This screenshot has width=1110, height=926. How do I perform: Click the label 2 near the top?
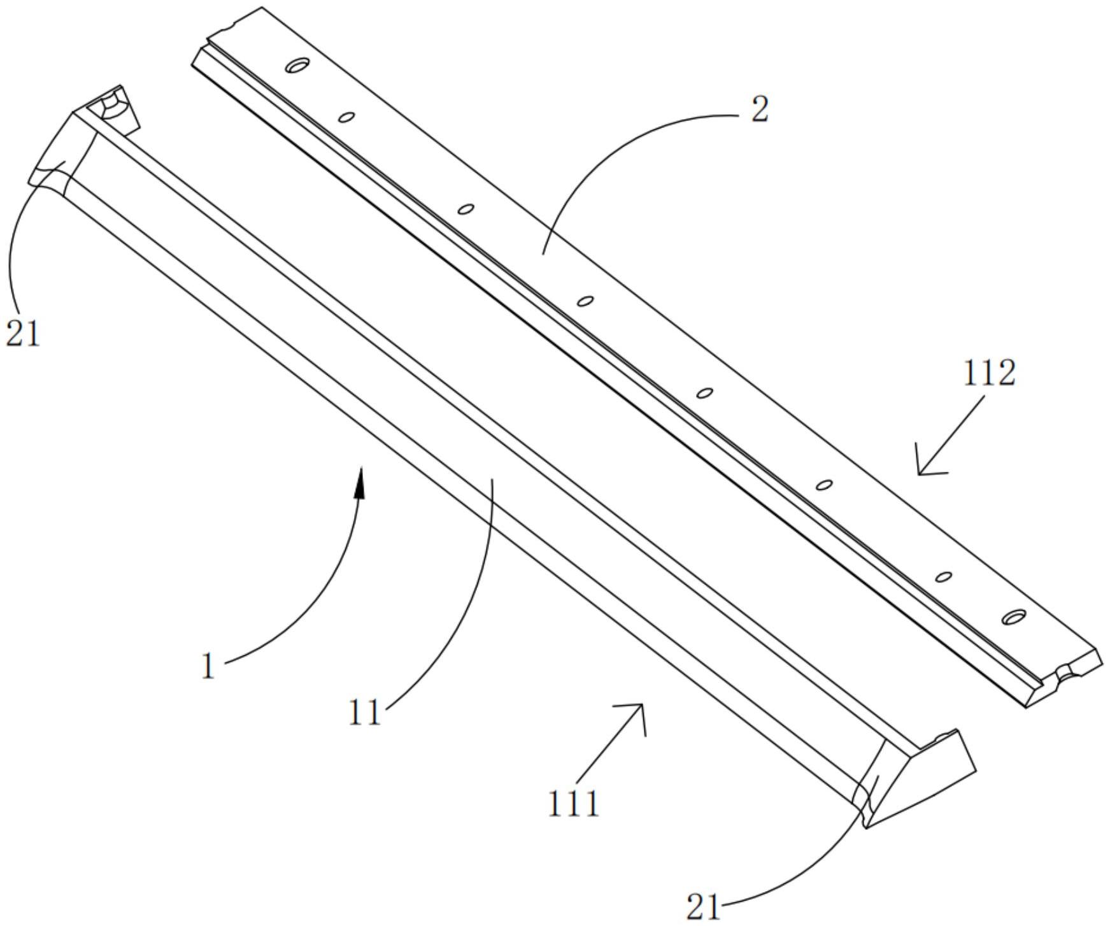point(760,110)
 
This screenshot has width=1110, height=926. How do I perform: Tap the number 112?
point(988,374)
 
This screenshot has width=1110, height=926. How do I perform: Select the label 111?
point(574,804)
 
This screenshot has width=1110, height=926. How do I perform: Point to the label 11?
point(364,713)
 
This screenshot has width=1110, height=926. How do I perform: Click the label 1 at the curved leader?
point(208,667)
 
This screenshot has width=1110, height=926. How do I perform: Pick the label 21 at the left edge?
point(23,333)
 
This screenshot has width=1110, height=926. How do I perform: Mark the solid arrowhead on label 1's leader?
point(360,485)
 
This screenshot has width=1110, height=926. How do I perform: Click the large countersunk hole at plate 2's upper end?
point(297,64)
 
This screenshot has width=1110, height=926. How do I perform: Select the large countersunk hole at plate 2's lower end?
point(1014,616)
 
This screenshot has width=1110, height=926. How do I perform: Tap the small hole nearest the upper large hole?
point(346,117)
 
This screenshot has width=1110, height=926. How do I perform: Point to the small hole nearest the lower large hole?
point(944,577)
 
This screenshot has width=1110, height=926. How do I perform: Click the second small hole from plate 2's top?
point(466,209)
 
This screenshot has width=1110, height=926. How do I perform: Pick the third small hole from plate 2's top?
point(585,301)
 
